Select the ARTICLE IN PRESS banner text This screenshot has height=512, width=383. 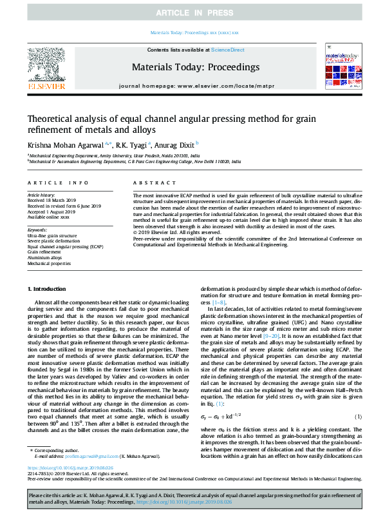tap(191, 13)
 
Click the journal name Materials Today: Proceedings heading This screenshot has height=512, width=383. tap(196, 66)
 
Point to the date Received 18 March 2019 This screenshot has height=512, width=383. tap(53, 200)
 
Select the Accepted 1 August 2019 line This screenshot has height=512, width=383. tap(52, 210)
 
